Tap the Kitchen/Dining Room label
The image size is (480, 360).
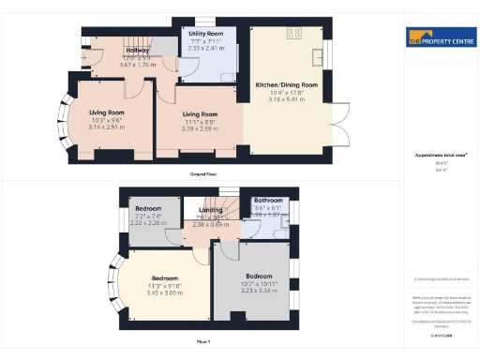(x=287, y=85)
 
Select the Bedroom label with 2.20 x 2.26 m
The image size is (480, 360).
(x=148, y=208)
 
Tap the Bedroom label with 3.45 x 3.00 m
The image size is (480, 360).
(x=164, y=278)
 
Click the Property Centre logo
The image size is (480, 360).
(x=439, y=40)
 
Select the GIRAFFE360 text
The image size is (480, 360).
(x=441, y=335)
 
